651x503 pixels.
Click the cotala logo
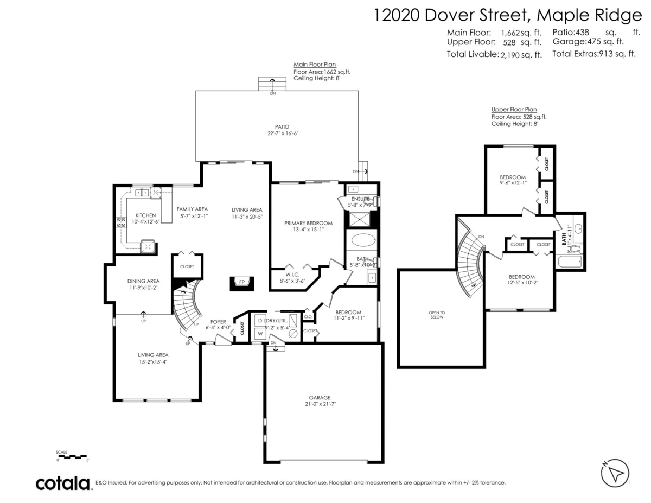(63, 483)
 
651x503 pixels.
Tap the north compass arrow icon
(615, 473)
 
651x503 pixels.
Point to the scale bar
(72, 456)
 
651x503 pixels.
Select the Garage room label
(320, 397)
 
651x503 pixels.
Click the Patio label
(282, 126)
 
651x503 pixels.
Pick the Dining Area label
(143, 281)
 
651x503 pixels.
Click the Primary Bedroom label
(308, 223)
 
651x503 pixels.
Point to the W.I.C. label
(292, 275)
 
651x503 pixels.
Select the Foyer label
(218, 322)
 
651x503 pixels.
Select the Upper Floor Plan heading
(514, 109)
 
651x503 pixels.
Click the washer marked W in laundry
(260, 334)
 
